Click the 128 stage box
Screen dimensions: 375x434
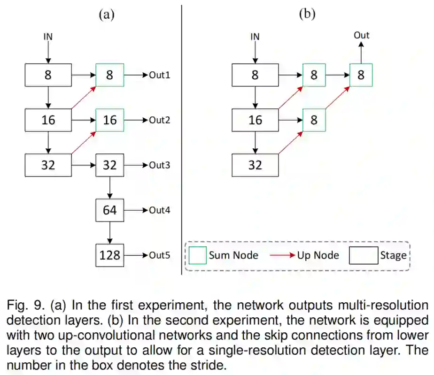coord(109,255)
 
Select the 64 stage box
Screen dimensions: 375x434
coord(109,210)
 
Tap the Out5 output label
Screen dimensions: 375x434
coord(159,255)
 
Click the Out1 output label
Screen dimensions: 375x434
coord(159,74)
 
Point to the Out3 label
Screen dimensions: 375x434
coord(159,165)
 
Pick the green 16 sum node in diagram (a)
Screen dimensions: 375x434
coord(109,120)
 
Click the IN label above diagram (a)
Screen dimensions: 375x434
coord(48,36)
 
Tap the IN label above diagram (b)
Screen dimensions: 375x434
coord(255,36)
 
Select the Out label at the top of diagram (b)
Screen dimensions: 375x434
coord(361,35)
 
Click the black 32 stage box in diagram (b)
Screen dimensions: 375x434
coord(255,165)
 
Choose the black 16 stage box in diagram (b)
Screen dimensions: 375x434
coord(255,120)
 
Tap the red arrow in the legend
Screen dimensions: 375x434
coord(282,255)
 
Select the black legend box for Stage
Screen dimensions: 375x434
coord(363,255)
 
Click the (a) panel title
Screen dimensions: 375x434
coord(106,14)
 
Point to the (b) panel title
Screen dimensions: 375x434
coord(308,14)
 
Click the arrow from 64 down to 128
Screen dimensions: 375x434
coord(109,233)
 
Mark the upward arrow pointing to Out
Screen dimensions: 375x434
coord(361,52)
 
